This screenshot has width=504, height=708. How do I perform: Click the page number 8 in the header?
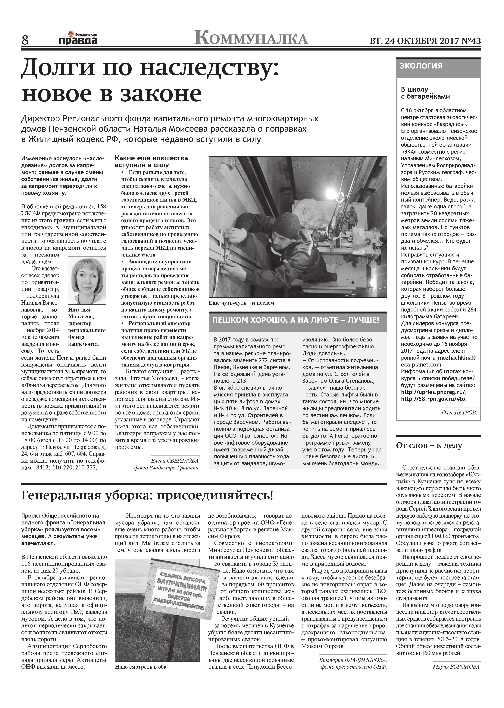(x=25, y=40)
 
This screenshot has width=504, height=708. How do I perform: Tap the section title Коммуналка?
(x=251, y=39)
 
